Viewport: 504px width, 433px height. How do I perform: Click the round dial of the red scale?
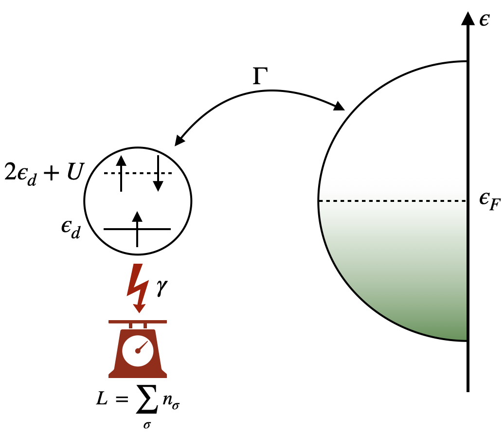point(138,350)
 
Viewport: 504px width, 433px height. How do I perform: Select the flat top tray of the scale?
point(138,322)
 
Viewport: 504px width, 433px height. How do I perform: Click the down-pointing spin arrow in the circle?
point(158,173)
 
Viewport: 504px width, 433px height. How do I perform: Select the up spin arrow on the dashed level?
point(121,173)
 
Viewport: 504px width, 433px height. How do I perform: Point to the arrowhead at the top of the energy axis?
point(468,18)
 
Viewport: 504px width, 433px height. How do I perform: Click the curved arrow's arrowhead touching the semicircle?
point(339,106)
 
